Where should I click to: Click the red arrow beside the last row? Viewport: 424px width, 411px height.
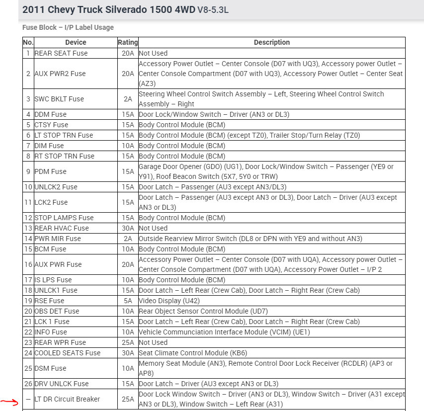pyautogui.click(x=9, y=402)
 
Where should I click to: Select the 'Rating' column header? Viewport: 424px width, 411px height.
pyautogui.click(x=128, y=42)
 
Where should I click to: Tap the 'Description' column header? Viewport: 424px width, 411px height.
pyautogui.click(x=271, y=42)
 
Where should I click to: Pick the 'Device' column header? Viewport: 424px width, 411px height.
pyautogui.click(x=76, y=42)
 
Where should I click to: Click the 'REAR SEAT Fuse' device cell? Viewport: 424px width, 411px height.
pyautogui.click(x=61, y=53)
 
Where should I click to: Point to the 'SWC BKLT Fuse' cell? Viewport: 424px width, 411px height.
pyautogui.click(x=59, y=99)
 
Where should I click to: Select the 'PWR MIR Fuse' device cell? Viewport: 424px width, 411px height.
pyautogui.click(x=57, y=239)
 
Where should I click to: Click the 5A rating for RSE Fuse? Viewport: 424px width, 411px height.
pyautogui.click(x=128, y=301)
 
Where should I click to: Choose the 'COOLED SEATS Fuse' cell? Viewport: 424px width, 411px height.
pyautogui.click(x=67, y=353)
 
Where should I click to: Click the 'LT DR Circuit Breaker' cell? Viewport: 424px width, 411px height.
pyautogui.click(x=67, y=399)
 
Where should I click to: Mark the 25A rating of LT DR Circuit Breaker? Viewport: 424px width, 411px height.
pyautogui.click(x=128, y=399)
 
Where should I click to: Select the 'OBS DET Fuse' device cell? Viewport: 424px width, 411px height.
pyautogui.click(x=57, y=311)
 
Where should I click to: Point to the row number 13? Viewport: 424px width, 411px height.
pyautogui.click(x=28, y=228)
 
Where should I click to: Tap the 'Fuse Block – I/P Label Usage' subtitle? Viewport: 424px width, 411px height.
pyautogui.click(x=68, y=27)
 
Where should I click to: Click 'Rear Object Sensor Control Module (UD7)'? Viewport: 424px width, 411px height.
pyautogui.click(x=203, y=311)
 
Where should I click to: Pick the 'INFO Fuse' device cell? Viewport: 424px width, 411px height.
pyautogui.click(x=50, y=332)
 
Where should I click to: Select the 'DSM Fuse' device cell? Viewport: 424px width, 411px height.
pyautogui.click(x=50, y=368)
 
